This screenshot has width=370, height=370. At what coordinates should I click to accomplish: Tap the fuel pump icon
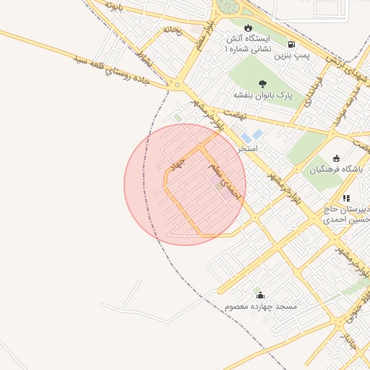pyautogui.click(x=291, y=43)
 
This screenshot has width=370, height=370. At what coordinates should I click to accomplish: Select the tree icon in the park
pyautogui.click(x=262, y=83)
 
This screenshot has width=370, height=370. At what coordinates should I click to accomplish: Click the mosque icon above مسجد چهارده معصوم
pyautogui.click(x=260, y=295)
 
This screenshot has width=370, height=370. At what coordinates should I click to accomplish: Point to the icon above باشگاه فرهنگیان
pyautogui.click(x=336, y=159)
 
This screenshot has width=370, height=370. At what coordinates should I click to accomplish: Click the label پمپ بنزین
pyautogui.click(x=296, y=55)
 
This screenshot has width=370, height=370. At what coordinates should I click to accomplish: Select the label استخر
pyautogui.click(x=250, y=147)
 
